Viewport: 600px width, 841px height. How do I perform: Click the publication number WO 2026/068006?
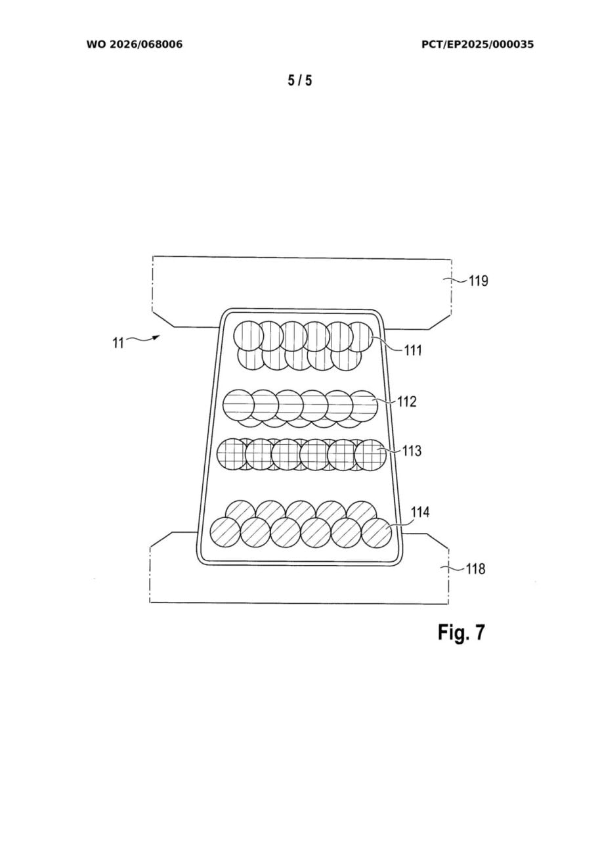[x=134, y=45]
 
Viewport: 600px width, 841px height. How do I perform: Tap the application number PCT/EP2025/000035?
[x=477, y=45]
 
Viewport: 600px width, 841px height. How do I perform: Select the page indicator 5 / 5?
[x=300, y=81]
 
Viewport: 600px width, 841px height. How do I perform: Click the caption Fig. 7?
[x=461, y=632]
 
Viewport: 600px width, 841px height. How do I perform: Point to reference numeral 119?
[x=478, y=281]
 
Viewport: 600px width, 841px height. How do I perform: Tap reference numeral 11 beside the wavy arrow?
[x=118, y=342]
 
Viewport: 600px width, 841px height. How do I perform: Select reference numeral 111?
[x=412, y=351]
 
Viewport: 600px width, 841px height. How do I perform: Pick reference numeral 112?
[x=407, y=401]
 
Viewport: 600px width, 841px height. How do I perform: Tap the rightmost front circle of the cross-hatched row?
[x=370, y=454]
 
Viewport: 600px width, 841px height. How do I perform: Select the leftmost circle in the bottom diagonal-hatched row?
[x=225, y=532]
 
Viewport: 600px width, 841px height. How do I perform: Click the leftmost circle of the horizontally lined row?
[x=239, y=405]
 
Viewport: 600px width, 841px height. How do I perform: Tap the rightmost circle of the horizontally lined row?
[x=362, y=405]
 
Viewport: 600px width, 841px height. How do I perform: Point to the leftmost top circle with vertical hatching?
[x=249, y=336]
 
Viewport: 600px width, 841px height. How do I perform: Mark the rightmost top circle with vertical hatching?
[x=360, y=336]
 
